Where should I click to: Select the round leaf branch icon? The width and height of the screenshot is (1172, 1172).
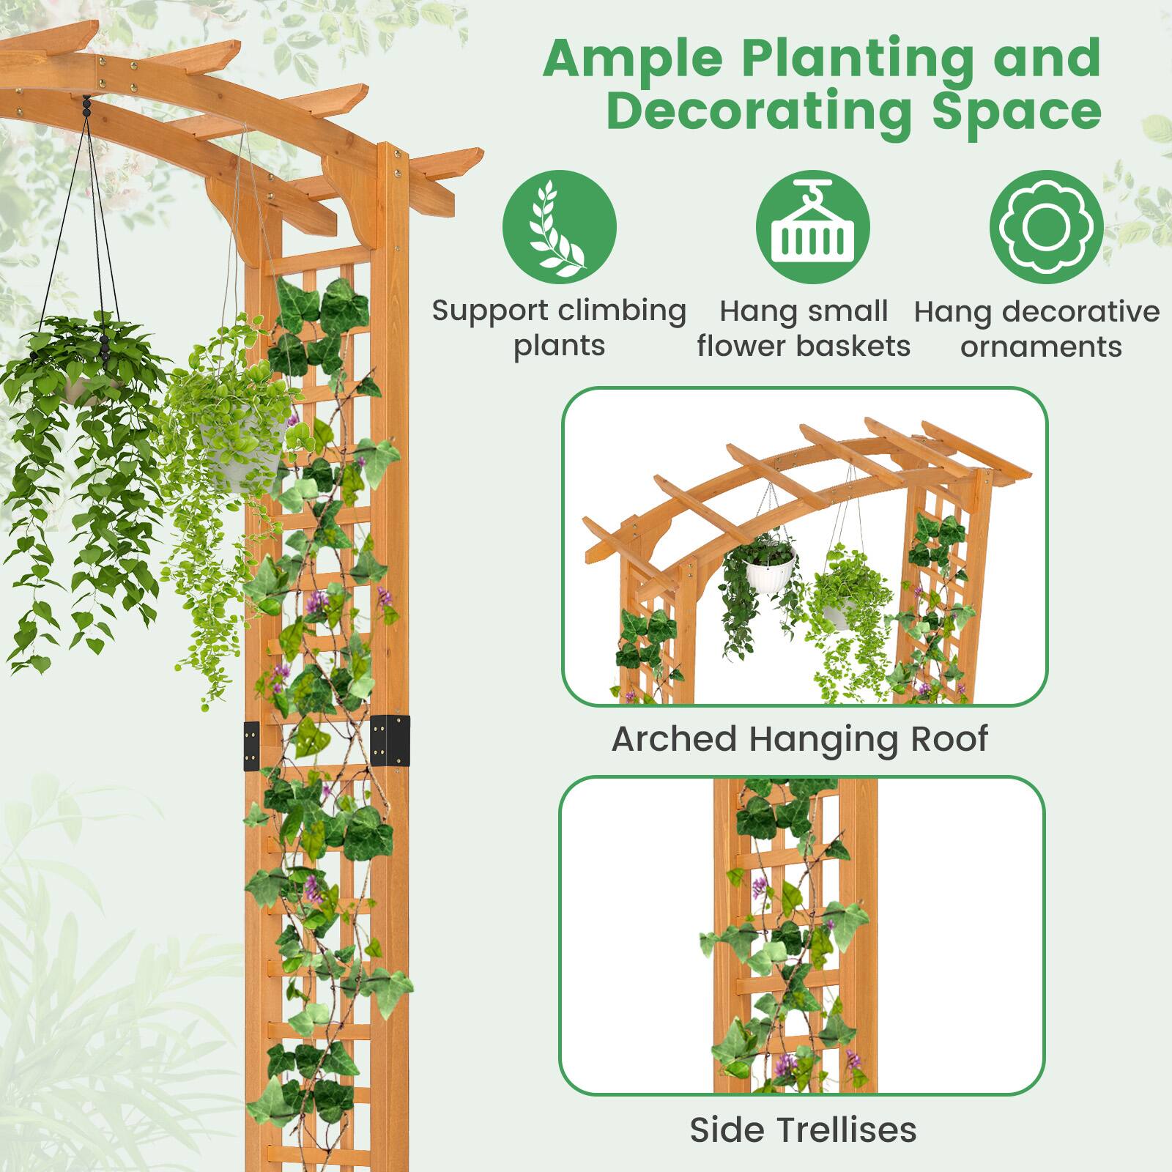pyautogui.click(x=559, y=227)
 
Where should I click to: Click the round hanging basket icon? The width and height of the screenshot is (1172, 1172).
pyautogui.click(x=812, y=227)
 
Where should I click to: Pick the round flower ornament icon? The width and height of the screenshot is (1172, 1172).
pyautogui.click(x=1046, y=227)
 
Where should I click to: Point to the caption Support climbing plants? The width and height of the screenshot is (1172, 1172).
pyautogui.click(x=559, y=328)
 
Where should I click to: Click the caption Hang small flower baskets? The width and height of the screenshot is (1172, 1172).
pyautogui.click(x=804, y=328)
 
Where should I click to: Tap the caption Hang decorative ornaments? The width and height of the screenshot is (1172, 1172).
pyautogui.click(x=1037, y=329)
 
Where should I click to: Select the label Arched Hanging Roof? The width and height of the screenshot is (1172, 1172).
pyautogui.click(x=800, y=739)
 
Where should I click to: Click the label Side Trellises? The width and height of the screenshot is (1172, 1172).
pyautogui.click(x=803, y=1130)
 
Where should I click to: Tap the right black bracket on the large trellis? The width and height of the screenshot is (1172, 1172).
pyautogui.click(x=390, y=740)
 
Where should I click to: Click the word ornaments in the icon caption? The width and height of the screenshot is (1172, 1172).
pyautogui.click(x=1041, y=346)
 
